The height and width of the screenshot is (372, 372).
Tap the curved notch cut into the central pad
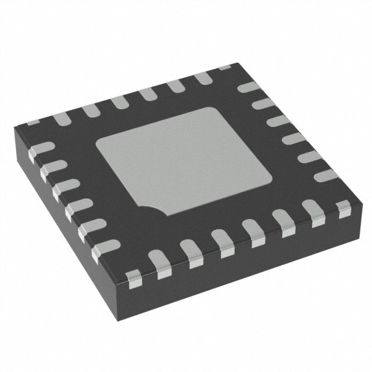click(152, 208)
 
